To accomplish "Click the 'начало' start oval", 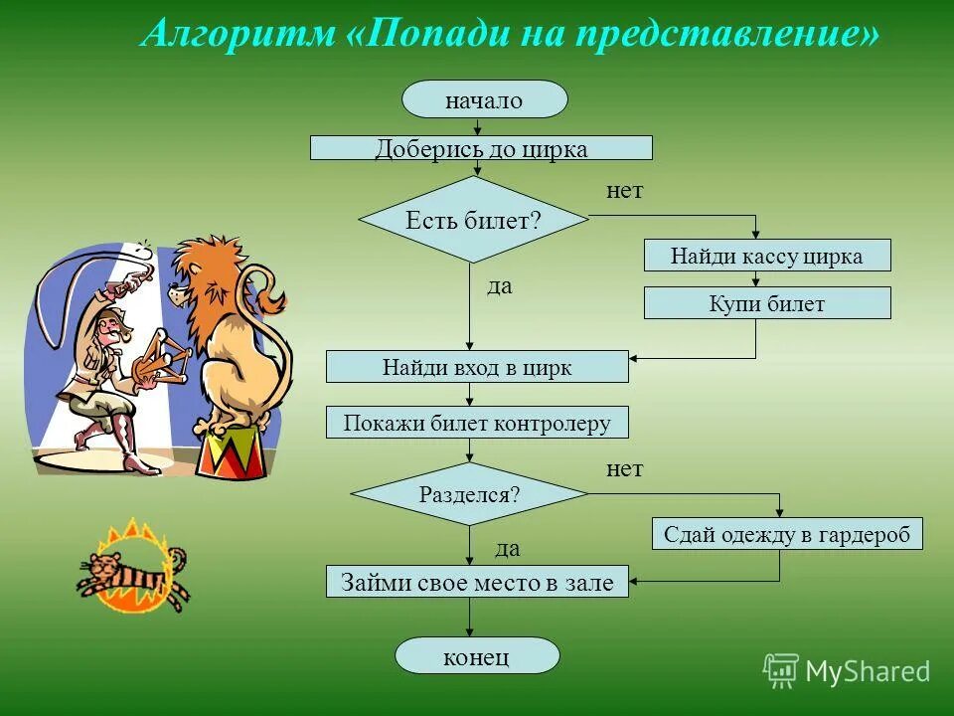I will click(484, 99).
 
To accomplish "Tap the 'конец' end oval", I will click(477, 656).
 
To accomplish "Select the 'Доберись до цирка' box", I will click(481, 148).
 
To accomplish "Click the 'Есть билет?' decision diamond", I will click(473, 220).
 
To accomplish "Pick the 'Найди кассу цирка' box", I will click(767, 256).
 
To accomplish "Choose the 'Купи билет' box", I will click(767, 303).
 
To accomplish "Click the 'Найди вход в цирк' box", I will click(477, 367).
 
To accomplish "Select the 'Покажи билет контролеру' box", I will click(477, 423).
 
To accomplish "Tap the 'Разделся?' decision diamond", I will click(470, 493).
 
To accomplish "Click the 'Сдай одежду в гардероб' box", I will click(787, 534).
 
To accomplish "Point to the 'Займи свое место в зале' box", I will click(477, 581).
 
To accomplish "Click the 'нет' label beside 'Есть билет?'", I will click(625, 191).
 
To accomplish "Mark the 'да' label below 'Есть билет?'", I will click(500, 286).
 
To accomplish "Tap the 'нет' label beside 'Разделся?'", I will click(625, 469).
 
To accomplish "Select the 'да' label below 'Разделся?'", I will click(507, 548).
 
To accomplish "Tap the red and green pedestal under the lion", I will click(232, 452).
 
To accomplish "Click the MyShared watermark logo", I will click(847, 671).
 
